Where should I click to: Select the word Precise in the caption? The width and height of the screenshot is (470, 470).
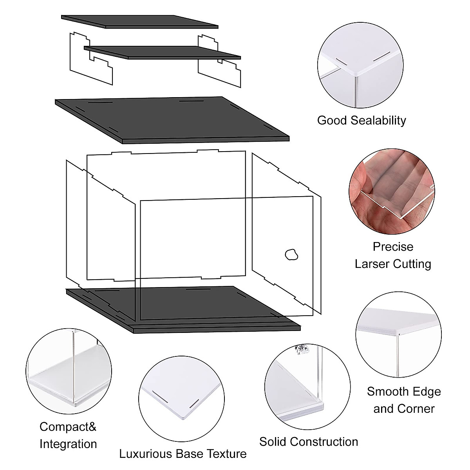[x=393, y=247]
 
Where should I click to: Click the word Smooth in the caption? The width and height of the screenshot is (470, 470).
[x=387, y=391]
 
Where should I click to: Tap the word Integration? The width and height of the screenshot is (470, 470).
[x=68, y=444]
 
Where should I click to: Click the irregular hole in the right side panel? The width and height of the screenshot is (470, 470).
[x=291, y=255]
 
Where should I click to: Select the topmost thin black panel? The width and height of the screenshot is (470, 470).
[x=139, y=22]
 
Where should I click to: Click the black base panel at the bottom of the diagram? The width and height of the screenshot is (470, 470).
[x=184, y=309]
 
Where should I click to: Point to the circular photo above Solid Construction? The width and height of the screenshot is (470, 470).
[x=307, y=386]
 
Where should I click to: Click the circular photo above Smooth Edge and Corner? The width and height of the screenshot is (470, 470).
[x=398, y=334]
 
